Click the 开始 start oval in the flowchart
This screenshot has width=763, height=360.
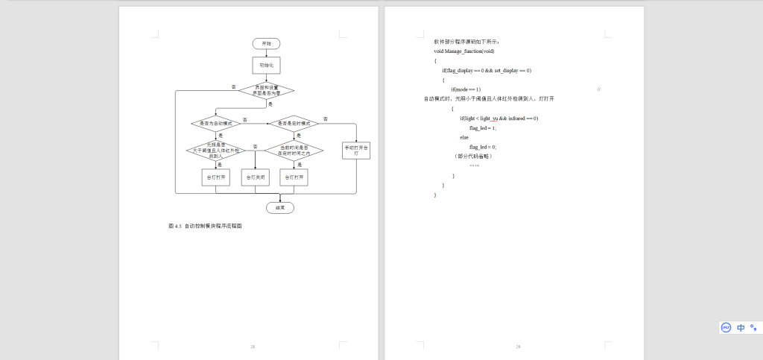pos(266,44)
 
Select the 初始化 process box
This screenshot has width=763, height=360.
pos(266,66)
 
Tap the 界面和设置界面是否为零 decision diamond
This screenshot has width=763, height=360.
pos(266,90)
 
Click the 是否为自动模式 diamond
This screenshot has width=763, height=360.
pos(216,122)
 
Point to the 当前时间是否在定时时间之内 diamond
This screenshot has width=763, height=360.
pos(294,151)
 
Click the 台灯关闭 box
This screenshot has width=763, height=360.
pos(256,177)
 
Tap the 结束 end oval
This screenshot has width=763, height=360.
pos(280,207)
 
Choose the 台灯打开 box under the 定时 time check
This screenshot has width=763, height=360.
pos(294,177)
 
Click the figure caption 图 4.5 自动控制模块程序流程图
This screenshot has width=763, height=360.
pos(205,225)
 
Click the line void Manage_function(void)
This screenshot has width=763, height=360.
pos(464,51)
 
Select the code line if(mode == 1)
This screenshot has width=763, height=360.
pos(466,89)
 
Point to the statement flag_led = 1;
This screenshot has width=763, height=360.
pos(483,128)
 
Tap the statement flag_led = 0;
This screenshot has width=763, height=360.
pos(483,148)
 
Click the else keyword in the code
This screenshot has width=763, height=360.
pos(464,138)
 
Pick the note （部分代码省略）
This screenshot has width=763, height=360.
pos(472,157)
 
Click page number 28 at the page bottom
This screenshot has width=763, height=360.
pos(253,347)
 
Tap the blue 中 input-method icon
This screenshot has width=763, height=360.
pos(741,327)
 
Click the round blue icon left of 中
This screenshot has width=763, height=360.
pos(726,327)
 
